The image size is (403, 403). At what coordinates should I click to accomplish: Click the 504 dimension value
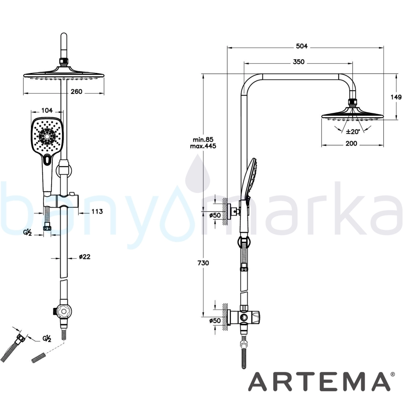pyautogui.click(x=302, y=46)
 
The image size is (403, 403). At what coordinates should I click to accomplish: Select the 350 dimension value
pyautogui.click(x=298, y=62)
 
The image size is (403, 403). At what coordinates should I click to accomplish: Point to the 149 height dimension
pyautogui.click(x=396, y=97)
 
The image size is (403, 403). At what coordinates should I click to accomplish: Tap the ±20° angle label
pyautogui.click(x=353, y=132)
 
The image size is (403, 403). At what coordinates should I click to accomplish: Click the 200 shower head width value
pyautogui.click(x=351, y=143)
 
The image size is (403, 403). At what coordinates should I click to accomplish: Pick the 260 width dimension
pyautogui.click(x=76, y=91)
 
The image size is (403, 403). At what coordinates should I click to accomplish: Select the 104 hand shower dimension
pyautogui.click(x=47, y=110)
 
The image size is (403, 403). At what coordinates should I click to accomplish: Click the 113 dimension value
pyautogui.click(x=97, y=212)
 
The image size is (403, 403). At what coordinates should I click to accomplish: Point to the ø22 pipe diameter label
pyautogui.click(x=85, y=257)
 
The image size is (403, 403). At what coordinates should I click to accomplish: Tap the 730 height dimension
pyautogui.click(x=203, y=263)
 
